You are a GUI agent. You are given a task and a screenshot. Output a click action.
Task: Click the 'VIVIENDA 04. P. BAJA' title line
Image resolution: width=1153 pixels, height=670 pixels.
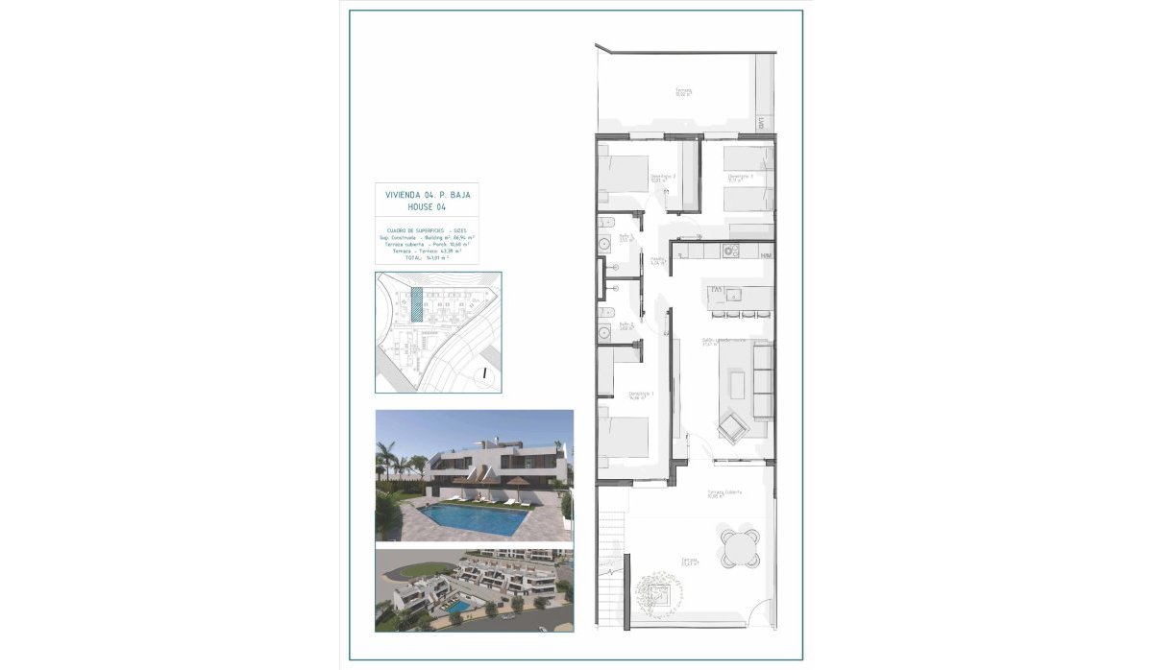pos(428,194)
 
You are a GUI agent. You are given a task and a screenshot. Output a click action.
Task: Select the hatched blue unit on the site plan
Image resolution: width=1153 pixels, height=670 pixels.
pos(416,303)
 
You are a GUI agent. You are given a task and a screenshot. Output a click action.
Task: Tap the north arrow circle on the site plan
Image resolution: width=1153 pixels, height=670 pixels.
pos(486,372)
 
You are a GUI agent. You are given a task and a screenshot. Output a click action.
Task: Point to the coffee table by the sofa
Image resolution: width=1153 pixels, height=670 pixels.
pos(739,386)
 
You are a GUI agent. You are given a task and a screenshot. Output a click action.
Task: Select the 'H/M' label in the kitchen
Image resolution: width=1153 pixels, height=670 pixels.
pos(766,256)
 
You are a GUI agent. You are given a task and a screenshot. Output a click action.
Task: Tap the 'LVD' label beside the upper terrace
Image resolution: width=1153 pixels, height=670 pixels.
pos(760,123)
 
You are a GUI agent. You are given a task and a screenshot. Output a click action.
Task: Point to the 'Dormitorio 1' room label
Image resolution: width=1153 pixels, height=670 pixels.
pos(641,395)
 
